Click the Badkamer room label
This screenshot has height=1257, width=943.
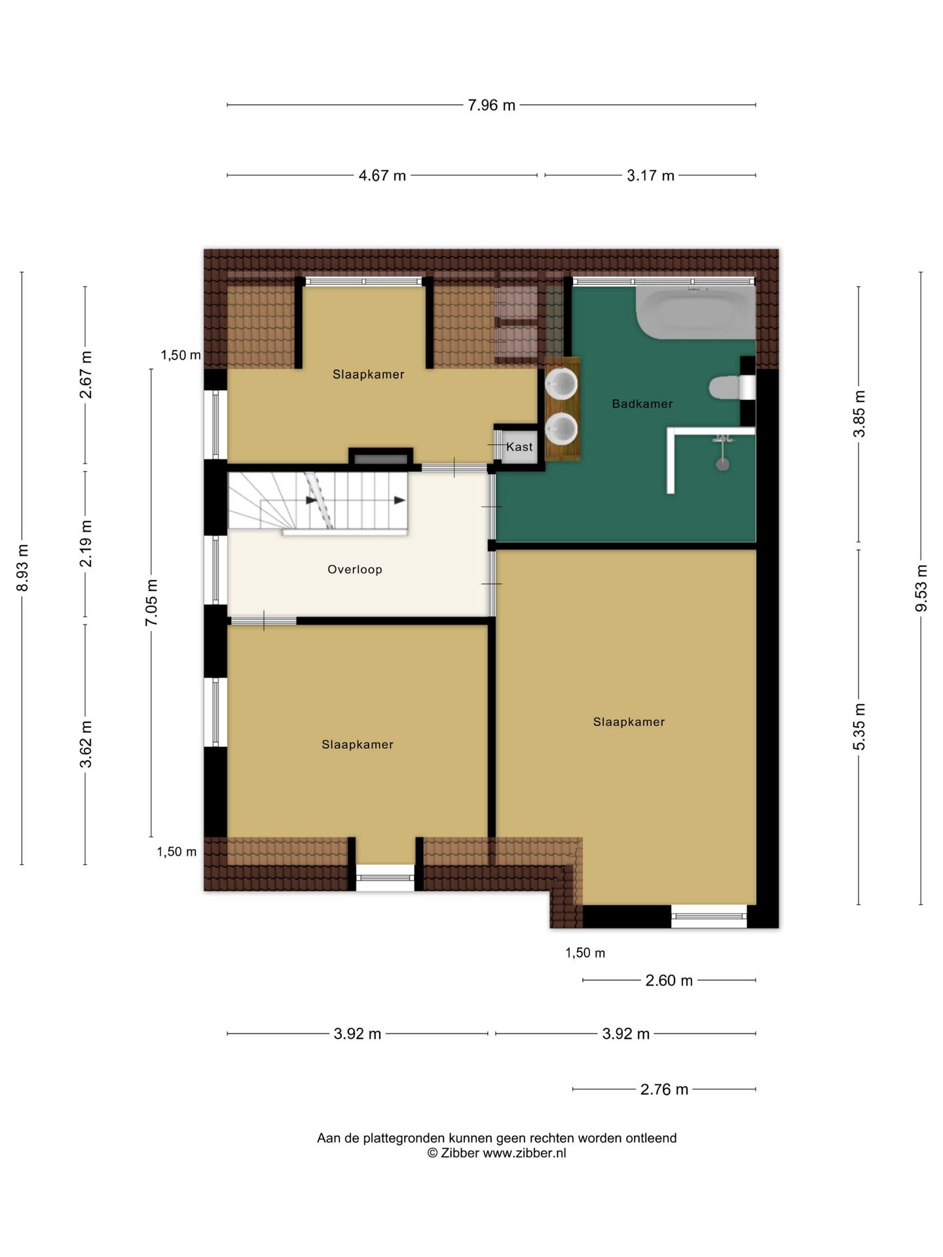(x=642, y=404)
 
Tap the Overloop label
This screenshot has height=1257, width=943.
(x=355, y=570)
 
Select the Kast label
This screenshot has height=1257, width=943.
(x=519, y=447)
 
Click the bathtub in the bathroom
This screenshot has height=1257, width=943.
(x=695, y=313)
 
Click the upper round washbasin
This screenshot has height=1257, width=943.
(x=562, y=384)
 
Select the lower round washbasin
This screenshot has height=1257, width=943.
(x=562, y=429)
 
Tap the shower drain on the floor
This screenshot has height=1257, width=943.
(x=722, y=464)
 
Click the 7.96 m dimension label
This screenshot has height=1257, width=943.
(x=491, y=105)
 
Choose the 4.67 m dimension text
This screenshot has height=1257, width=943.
(x=382, y=175)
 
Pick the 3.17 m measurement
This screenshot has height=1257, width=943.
(x=650, y=175)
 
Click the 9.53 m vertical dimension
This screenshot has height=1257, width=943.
(x=921, y=588)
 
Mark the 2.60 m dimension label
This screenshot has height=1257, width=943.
(x=669, y=981)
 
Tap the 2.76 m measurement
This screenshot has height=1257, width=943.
(x=664, y=1089)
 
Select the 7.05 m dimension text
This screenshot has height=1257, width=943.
(x=152, y=602)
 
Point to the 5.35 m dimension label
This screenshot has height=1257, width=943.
(x=859, y=727)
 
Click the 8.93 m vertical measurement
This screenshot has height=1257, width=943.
(x=23, y=568)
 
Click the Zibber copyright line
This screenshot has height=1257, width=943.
(x=496, y=1154)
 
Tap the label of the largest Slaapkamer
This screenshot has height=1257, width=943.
(x=629, y=722)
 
